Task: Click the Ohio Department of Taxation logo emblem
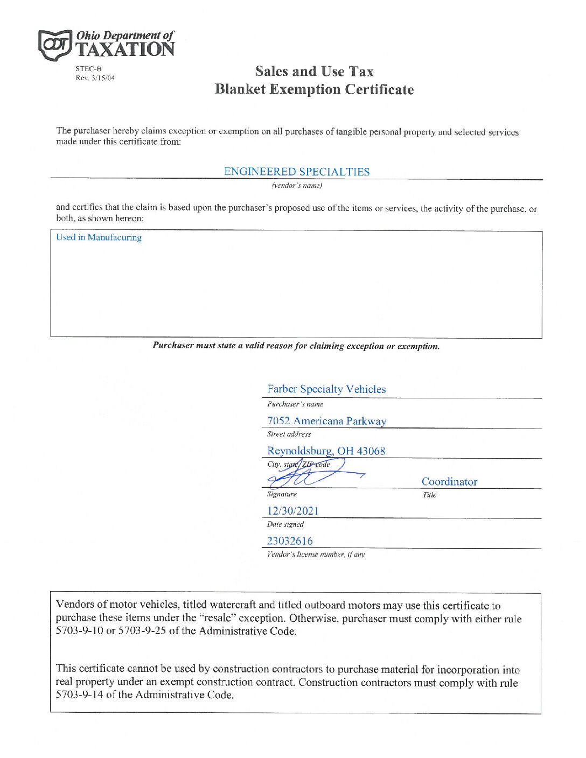coord(54,45)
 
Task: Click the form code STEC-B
coord(88,69)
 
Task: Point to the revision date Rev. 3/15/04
coord(95,78)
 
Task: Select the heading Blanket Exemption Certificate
coord(314,89)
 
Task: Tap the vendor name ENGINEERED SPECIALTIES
coord(297,172)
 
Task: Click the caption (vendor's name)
coord(297,186)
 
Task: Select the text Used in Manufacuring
coord(99,237)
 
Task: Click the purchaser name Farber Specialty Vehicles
coord(326,389)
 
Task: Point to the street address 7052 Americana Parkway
coord(326,421)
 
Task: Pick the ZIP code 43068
coord(371,451)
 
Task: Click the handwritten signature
coord(312,473)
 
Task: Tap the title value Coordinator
coord(449,482)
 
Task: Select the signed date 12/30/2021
coord(293,511)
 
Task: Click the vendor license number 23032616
coord(290,541)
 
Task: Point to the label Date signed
coord(285,524)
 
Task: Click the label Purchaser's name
coord(295,404)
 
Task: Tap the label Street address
coord(289,434)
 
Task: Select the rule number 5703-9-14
coord(80,695)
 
